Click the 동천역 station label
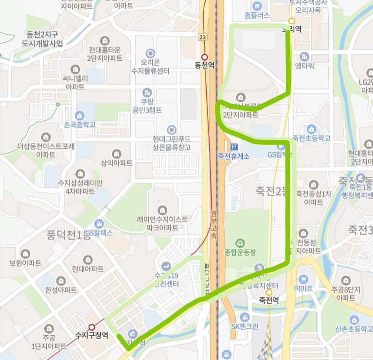coord(204,66)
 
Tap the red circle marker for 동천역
coord(204,57)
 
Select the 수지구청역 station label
coord(91,335)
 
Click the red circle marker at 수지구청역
coord(91,327)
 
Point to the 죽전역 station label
coord(268,300)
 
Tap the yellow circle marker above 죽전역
coord(268,292)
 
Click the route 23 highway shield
coord(202,37)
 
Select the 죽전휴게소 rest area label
coord(233,156)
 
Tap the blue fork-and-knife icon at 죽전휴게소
coord(233,147)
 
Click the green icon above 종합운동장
coord(240,242)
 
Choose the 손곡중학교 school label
coord(80,124)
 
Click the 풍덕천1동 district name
coord(68,237)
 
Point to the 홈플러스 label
coord(257,16)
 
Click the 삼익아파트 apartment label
coord(117,163)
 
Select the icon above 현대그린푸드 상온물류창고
coord(171,130)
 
